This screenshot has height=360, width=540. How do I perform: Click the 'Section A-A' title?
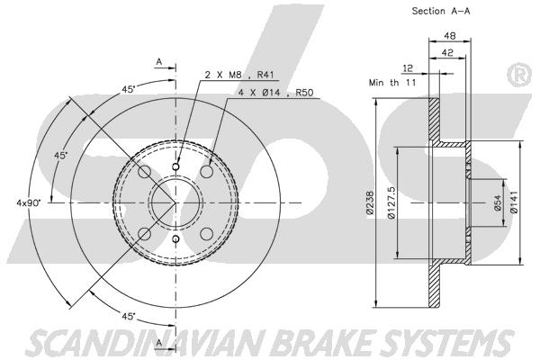point(441,11)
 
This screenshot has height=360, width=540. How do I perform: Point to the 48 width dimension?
point(450,35)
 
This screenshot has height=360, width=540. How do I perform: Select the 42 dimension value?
point(447,52)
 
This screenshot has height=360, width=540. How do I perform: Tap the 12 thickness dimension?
point(408,68)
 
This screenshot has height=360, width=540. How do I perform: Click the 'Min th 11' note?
point(392,83)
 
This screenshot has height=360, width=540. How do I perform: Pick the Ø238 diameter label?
point(370,202)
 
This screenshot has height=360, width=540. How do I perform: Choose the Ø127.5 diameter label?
point(391,202)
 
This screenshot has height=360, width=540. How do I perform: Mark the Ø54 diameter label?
point(498,202)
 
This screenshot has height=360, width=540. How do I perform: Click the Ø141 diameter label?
point(514,202)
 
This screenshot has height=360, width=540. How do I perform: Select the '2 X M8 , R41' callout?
point(239,75)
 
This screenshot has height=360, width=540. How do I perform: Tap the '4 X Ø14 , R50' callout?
point(276,93)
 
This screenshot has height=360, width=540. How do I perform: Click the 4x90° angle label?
point(29,202)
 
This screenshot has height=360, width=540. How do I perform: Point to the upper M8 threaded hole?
point(175,167)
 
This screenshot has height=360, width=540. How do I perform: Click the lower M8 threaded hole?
point(175,238)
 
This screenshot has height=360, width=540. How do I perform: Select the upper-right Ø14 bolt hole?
point(207,171)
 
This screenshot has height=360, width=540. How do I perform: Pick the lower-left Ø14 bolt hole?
point(145,234)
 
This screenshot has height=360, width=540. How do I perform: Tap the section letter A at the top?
point(158,62)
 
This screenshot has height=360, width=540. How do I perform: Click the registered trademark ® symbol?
point(519,75)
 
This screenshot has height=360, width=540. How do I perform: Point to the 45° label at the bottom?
point(129,316)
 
